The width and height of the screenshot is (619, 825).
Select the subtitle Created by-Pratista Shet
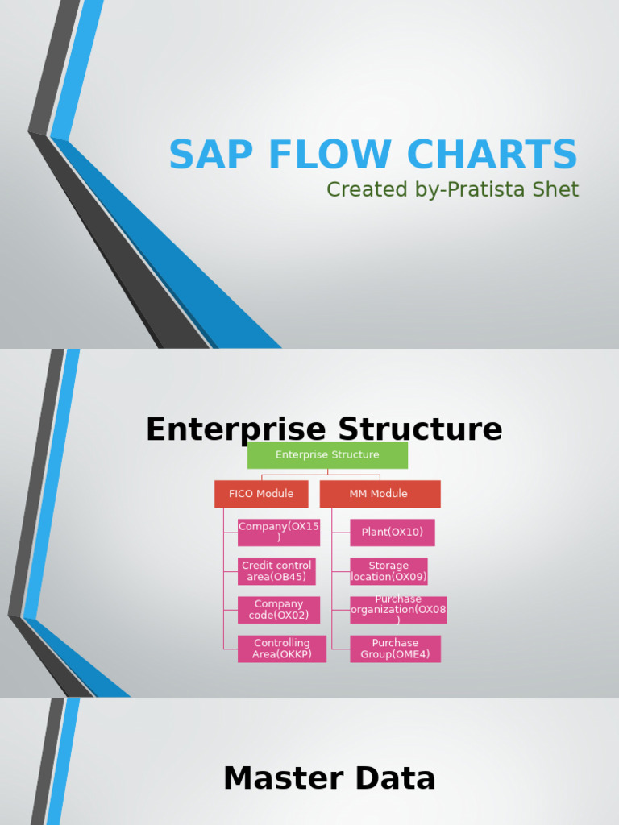coord(452,189)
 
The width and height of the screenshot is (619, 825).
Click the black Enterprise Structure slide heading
coord(323,429)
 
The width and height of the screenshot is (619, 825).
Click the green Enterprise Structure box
coord(327,455)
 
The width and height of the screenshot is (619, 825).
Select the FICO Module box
coord(261,494)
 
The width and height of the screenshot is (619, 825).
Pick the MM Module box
coord(380,494)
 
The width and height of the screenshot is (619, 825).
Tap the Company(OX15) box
coord(279,533)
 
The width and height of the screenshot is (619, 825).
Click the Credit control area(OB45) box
coord(276,571)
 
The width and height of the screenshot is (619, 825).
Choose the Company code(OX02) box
coord(279,610)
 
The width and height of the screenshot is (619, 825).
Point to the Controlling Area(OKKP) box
coord(281,649)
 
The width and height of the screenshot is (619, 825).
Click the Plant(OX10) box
coord(392,533)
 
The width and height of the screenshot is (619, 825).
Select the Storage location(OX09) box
coord(388,571)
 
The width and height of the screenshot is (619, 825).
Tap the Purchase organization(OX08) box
coord(398,610)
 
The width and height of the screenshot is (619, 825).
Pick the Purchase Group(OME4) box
coord(395,649)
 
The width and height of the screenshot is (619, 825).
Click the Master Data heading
coord(329,779)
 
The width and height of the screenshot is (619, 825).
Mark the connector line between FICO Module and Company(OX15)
coord(230,533)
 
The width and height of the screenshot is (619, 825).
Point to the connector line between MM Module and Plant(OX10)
coord(340,533)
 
